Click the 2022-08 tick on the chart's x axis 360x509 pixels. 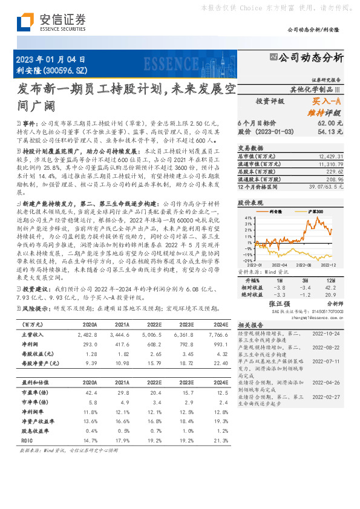tap(304, 265)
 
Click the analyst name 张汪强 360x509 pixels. tap(280, 304)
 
